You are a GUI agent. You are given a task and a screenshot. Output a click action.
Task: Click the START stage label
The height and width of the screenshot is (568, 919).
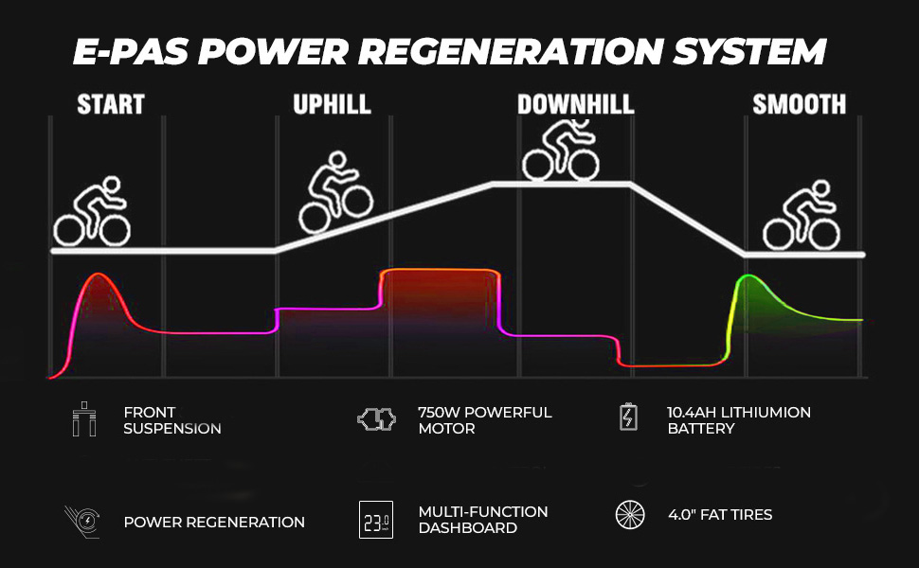point(110,104)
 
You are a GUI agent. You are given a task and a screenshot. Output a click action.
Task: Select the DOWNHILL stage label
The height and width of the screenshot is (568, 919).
point(575,104)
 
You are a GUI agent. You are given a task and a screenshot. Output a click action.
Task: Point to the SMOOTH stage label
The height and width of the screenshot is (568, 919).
point(799,104)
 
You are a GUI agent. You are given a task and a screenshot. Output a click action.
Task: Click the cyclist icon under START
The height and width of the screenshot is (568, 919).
point(92,215)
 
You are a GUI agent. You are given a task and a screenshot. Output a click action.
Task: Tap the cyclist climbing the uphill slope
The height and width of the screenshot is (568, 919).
point(334,196)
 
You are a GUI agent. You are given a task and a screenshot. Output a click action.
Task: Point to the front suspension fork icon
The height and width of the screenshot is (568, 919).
point(84,420)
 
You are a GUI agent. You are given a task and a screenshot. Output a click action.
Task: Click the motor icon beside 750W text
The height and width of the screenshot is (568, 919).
point(376,420)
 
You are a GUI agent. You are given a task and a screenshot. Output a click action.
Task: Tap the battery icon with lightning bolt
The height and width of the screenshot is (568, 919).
point(628,417)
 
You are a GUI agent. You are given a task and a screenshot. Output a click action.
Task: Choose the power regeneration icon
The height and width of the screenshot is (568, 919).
point(82,521)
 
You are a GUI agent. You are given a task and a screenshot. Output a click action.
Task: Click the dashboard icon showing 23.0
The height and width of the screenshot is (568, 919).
point(375,521)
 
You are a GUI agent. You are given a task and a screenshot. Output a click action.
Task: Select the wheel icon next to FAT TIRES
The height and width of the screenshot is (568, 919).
point(629,515)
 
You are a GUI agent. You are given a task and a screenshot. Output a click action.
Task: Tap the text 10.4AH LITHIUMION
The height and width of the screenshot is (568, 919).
point(738,413)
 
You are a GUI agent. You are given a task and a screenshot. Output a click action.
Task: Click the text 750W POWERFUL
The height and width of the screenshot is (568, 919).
point(484,413)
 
